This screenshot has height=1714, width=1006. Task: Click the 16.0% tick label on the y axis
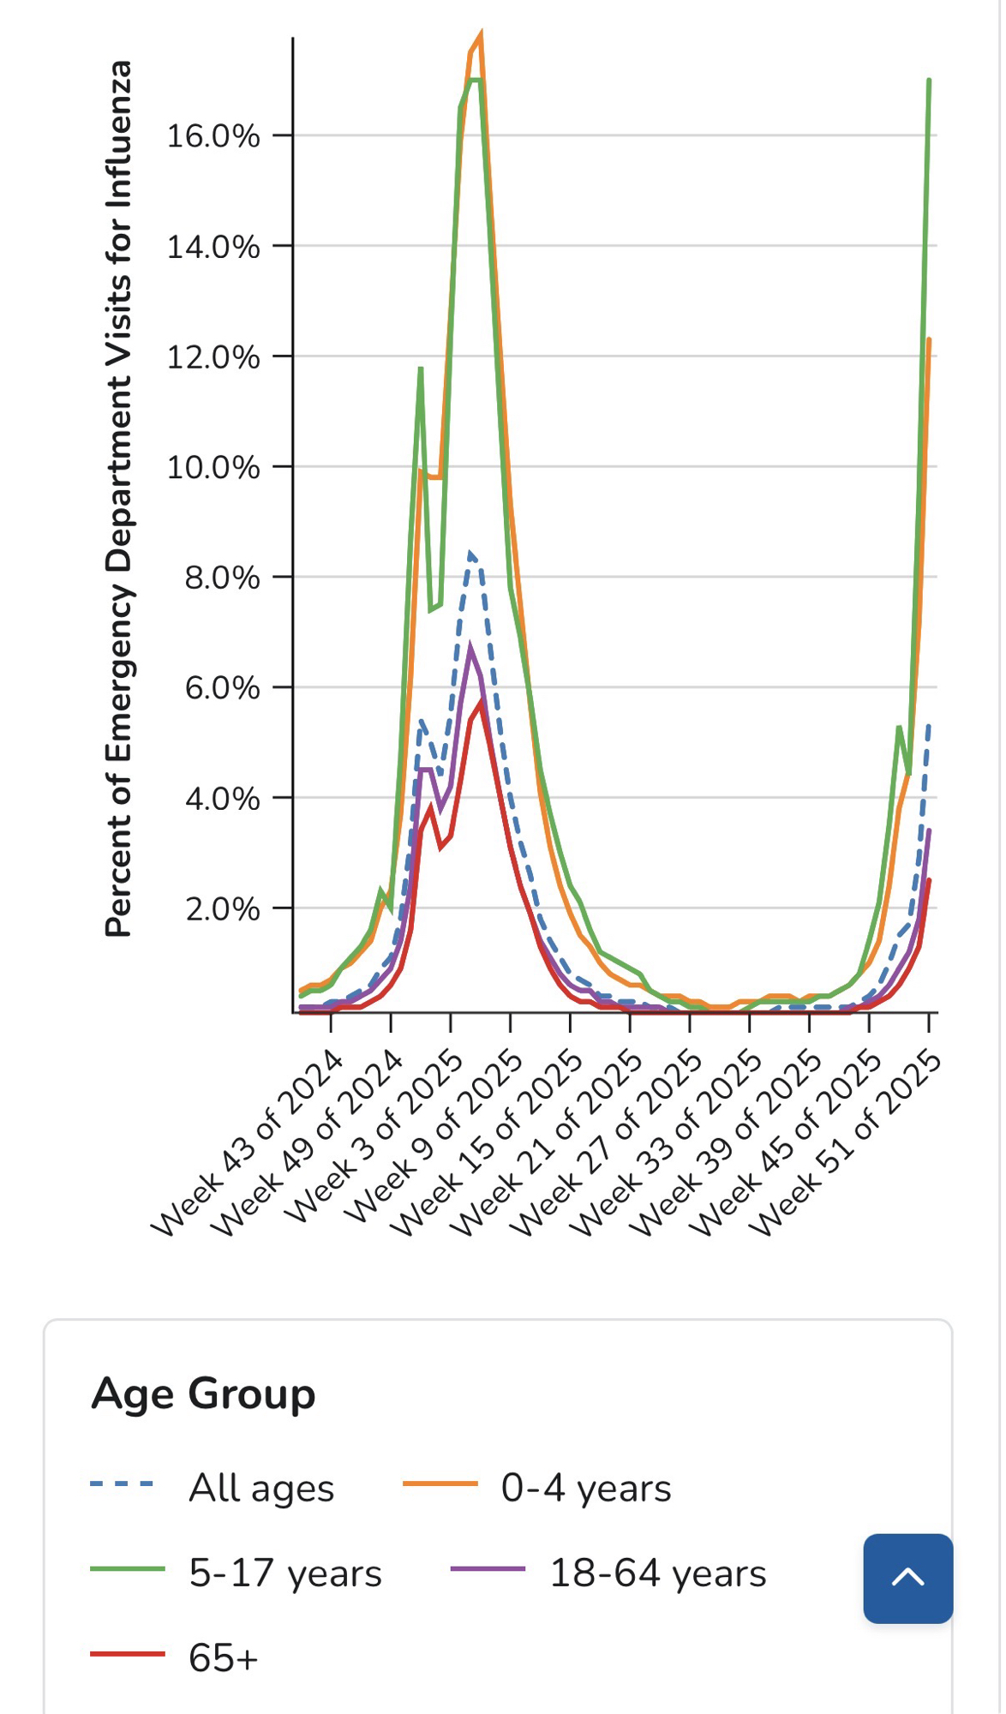[213, 136]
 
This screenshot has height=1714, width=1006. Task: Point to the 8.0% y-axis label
[222, 578]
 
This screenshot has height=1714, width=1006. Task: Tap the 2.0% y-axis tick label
[222, 909]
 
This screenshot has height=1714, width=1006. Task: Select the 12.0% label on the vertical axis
[213, 357]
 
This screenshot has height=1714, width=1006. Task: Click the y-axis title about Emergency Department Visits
[119, 499]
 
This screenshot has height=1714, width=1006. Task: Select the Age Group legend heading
[204, 1393]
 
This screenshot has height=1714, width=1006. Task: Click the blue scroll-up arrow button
[907, 1578]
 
